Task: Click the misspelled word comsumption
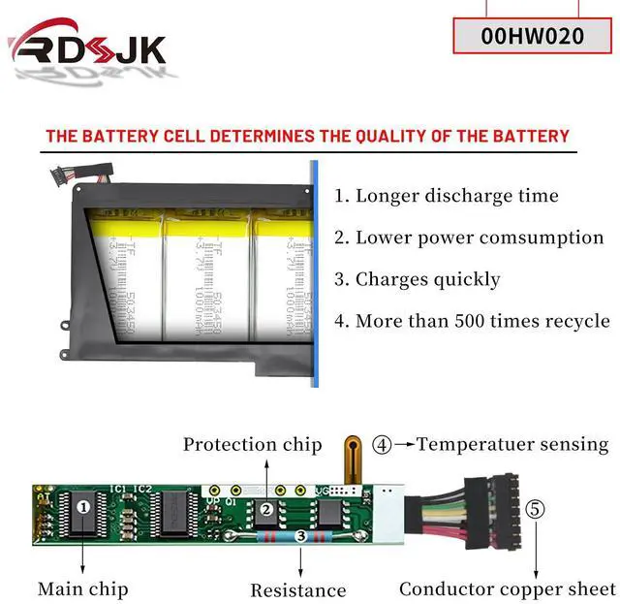(548, 238)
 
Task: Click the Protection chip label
(252, 445)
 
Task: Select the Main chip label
(82, 588)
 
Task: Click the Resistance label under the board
(297, 589)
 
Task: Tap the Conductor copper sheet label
(507, 588)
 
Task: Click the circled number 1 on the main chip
(83, 505)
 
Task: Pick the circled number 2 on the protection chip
(265, 508)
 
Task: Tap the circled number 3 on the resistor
(300, 535)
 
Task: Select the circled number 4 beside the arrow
(383, 445)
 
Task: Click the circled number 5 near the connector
(535, 508)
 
